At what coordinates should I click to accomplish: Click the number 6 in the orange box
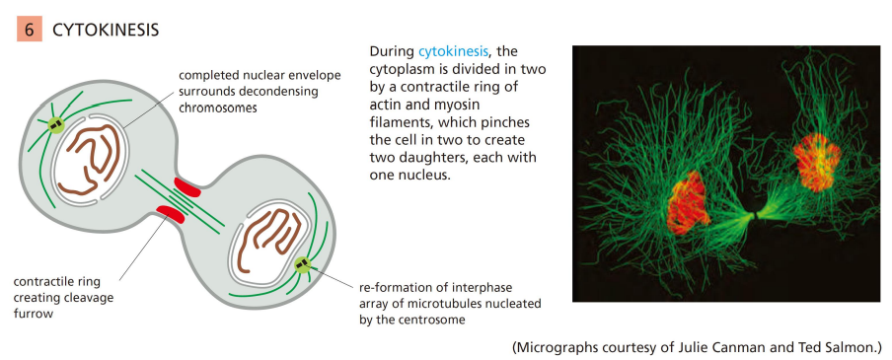pyautogui.click(x=29, y=30)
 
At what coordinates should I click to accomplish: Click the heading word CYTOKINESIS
pyautogui.click(x=106, y=31)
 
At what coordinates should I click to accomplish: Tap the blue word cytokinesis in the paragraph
pyautogui.click(x=453, y=51)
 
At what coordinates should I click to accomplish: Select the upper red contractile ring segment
pyautogui.click(x=187, y=186)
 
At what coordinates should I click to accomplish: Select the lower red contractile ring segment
pyautogui.click(x=170, y=216)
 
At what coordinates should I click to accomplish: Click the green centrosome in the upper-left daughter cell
pyautogui.click(x=55, y=124)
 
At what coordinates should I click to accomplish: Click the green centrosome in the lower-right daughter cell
pyautogui.click(x=302, y=264)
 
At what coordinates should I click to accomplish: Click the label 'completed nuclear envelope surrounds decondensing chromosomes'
pyautogui.click(x=260, y=92)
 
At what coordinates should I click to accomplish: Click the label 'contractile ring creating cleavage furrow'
pyautogui.click(x=64, y=298)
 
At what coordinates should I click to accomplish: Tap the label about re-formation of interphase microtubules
pyautogui.click(x=450, y=304)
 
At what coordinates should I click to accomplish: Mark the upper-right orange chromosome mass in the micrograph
pyautogui.click(x=817, y=161)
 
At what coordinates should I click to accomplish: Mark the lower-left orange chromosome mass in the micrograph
pyautogui.click(x=689, y=202)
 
